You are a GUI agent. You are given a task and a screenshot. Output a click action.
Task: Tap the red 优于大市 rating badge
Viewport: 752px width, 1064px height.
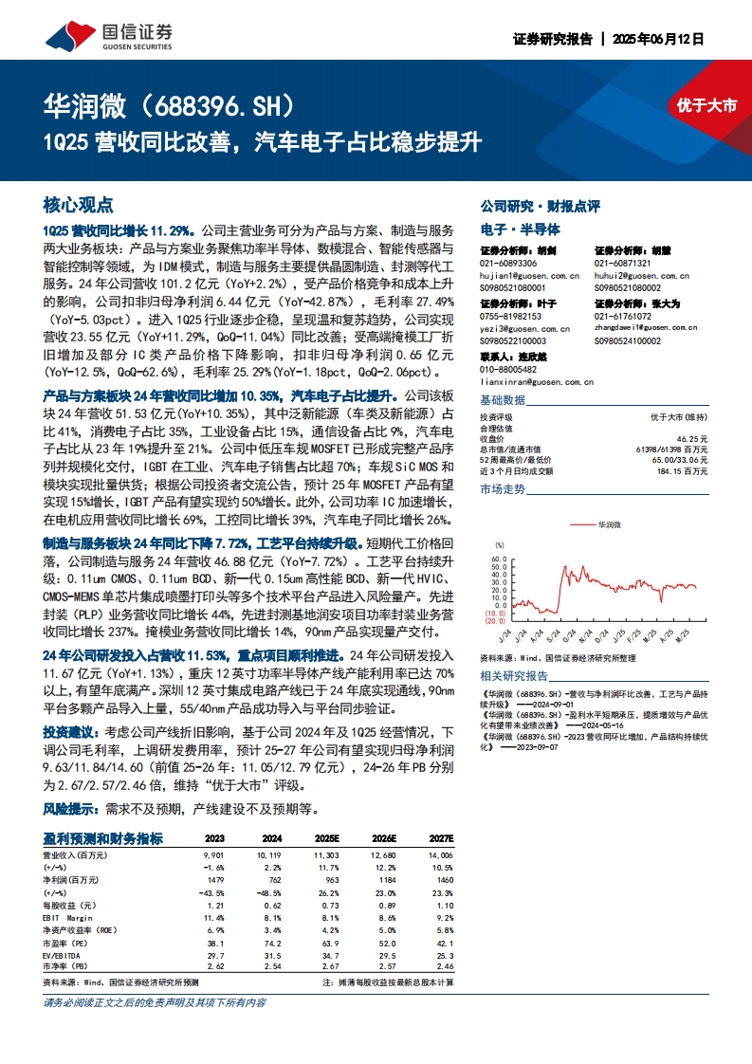pos(706,106)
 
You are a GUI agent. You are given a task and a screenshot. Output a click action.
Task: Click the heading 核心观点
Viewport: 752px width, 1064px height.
pos(79,205)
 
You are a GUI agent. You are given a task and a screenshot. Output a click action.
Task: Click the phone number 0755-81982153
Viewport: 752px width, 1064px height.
pos(510,316)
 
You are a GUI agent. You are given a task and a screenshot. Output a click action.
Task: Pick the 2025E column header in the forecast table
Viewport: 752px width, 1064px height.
pos(326,839)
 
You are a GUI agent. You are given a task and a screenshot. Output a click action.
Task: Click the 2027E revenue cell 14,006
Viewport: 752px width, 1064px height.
pos(440,855)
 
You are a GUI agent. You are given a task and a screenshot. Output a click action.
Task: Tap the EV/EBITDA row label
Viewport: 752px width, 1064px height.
pos(64,957)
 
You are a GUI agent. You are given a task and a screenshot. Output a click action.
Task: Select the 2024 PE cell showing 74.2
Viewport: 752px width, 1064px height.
pos(272,945)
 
